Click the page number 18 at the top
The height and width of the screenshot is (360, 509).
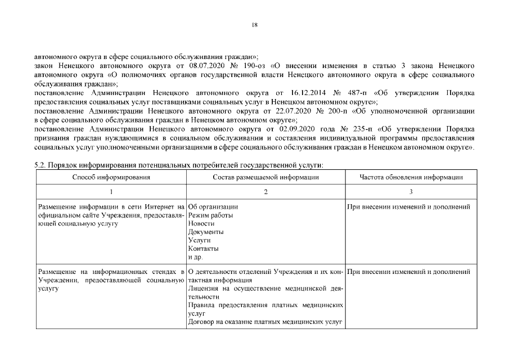(x=254, y=25)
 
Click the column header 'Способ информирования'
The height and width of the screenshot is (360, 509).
(x=111, y=177)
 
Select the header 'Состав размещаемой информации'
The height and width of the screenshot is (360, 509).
(x=265, y=177)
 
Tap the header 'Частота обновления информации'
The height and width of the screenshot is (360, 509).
(x=411, y=177)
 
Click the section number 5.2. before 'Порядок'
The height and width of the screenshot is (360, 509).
(x=40, y=165)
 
